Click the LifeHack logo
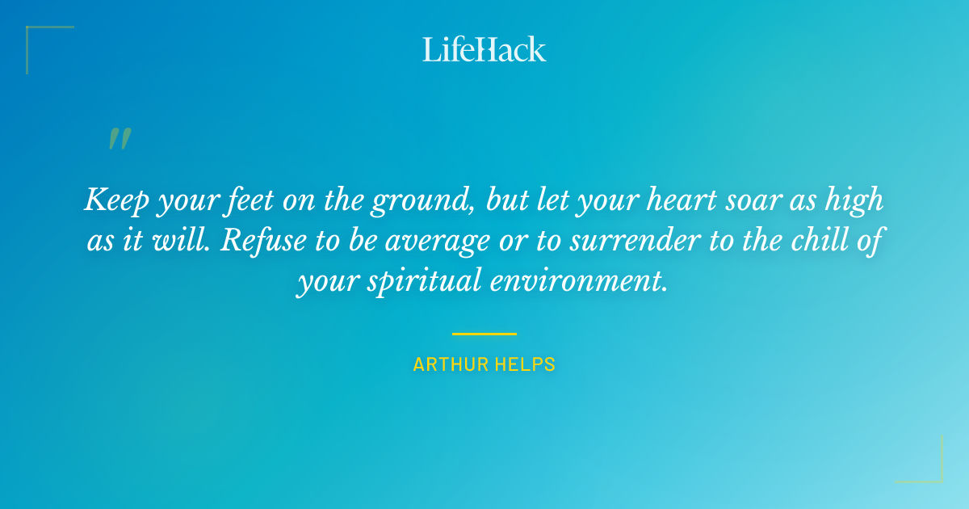[x=484, y=49]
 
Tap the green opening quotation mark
[x=120, y=139]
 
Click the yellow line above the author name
[x=484, y=333]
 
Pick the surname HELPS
[x=524, y=365]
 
